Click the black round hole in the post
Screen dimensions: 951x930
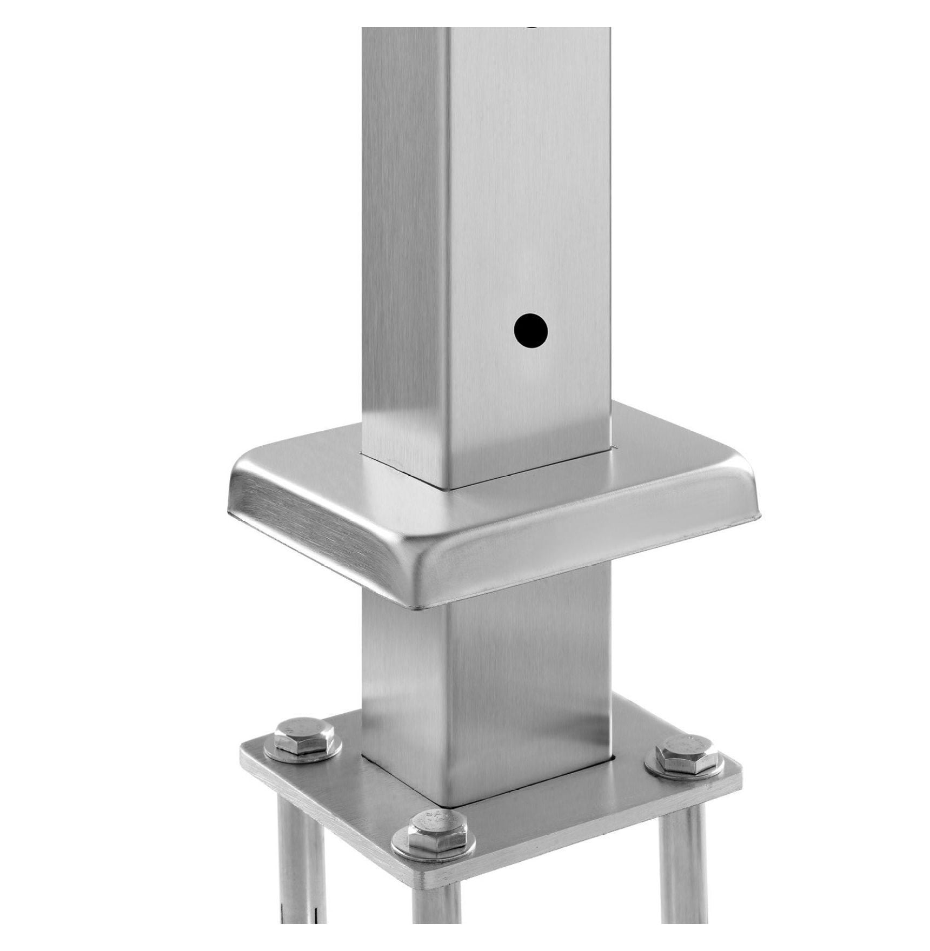(531, 330)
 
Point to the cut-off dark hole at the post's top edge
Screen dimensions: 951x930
(533, 25)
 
